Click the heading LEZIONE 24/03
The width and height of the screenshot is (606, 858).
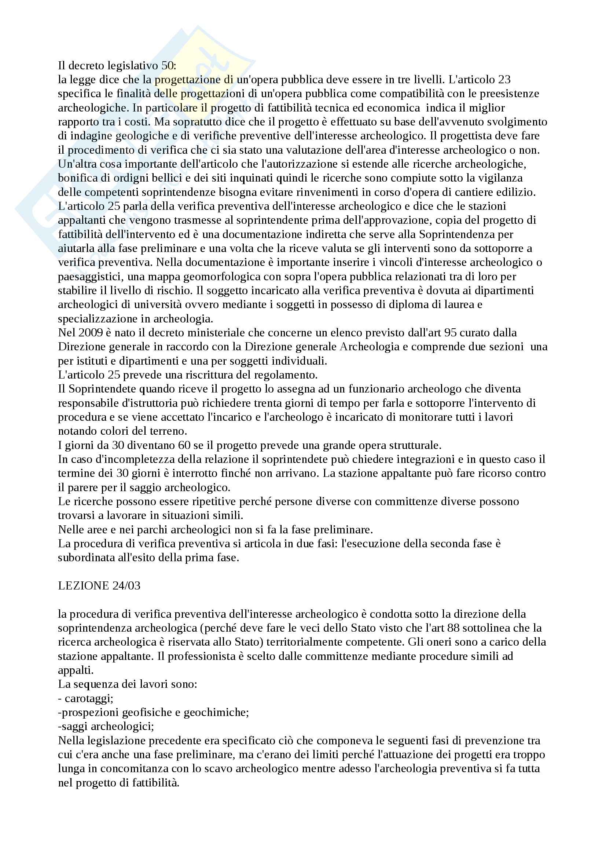[x=99, y=585]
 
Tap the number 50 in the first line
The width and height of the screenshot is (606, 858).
[x=167, y=65]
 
